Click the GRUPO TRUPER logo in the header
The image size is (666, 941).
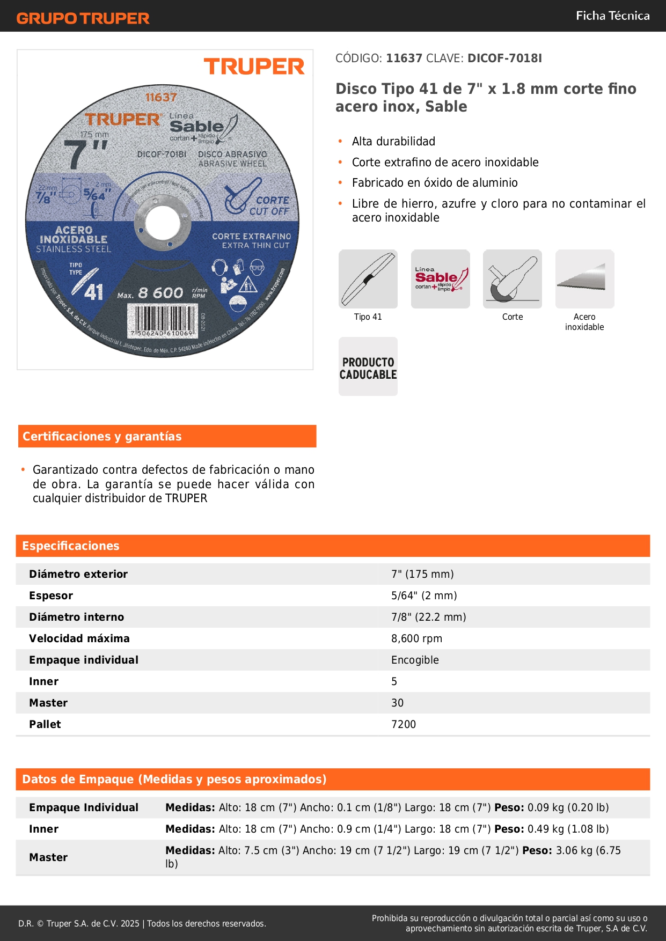tap(83, 18)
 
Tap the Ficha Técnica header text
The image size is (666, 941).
tap(612, 16)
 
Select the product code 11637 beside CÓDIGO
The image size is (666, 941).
tap(404, 58)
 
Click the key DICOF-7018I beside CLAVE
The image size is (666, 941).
tap(504, 58)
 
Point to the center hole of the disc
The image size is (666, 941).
tap(162, 221)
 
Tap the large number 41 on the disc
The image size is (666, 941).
tap(93, 292)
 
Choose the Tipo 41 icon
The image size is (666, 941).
tap(368, 279)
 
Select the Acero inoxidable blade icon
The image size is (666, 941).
tap(584, 279)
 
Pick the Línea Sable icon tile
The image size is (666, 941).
tap(440, 279)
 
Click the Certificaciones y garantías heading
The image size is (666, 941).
tap(102, 437)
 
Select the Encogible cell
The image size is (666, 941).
tap(415, 660)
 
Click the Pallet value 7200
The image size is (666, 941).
tap(404, 724)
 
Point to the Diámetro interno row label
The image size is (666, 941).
tap(77, 617)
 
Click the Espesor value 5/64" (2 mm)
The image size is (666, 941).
tap(424, 596)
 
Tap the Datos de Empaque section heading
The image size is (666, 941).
tap(174, 780)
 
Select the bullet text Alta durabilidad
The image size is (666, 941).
tap(393, 142)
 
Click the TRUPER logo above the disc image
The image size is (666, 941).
tap(254, 67)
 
